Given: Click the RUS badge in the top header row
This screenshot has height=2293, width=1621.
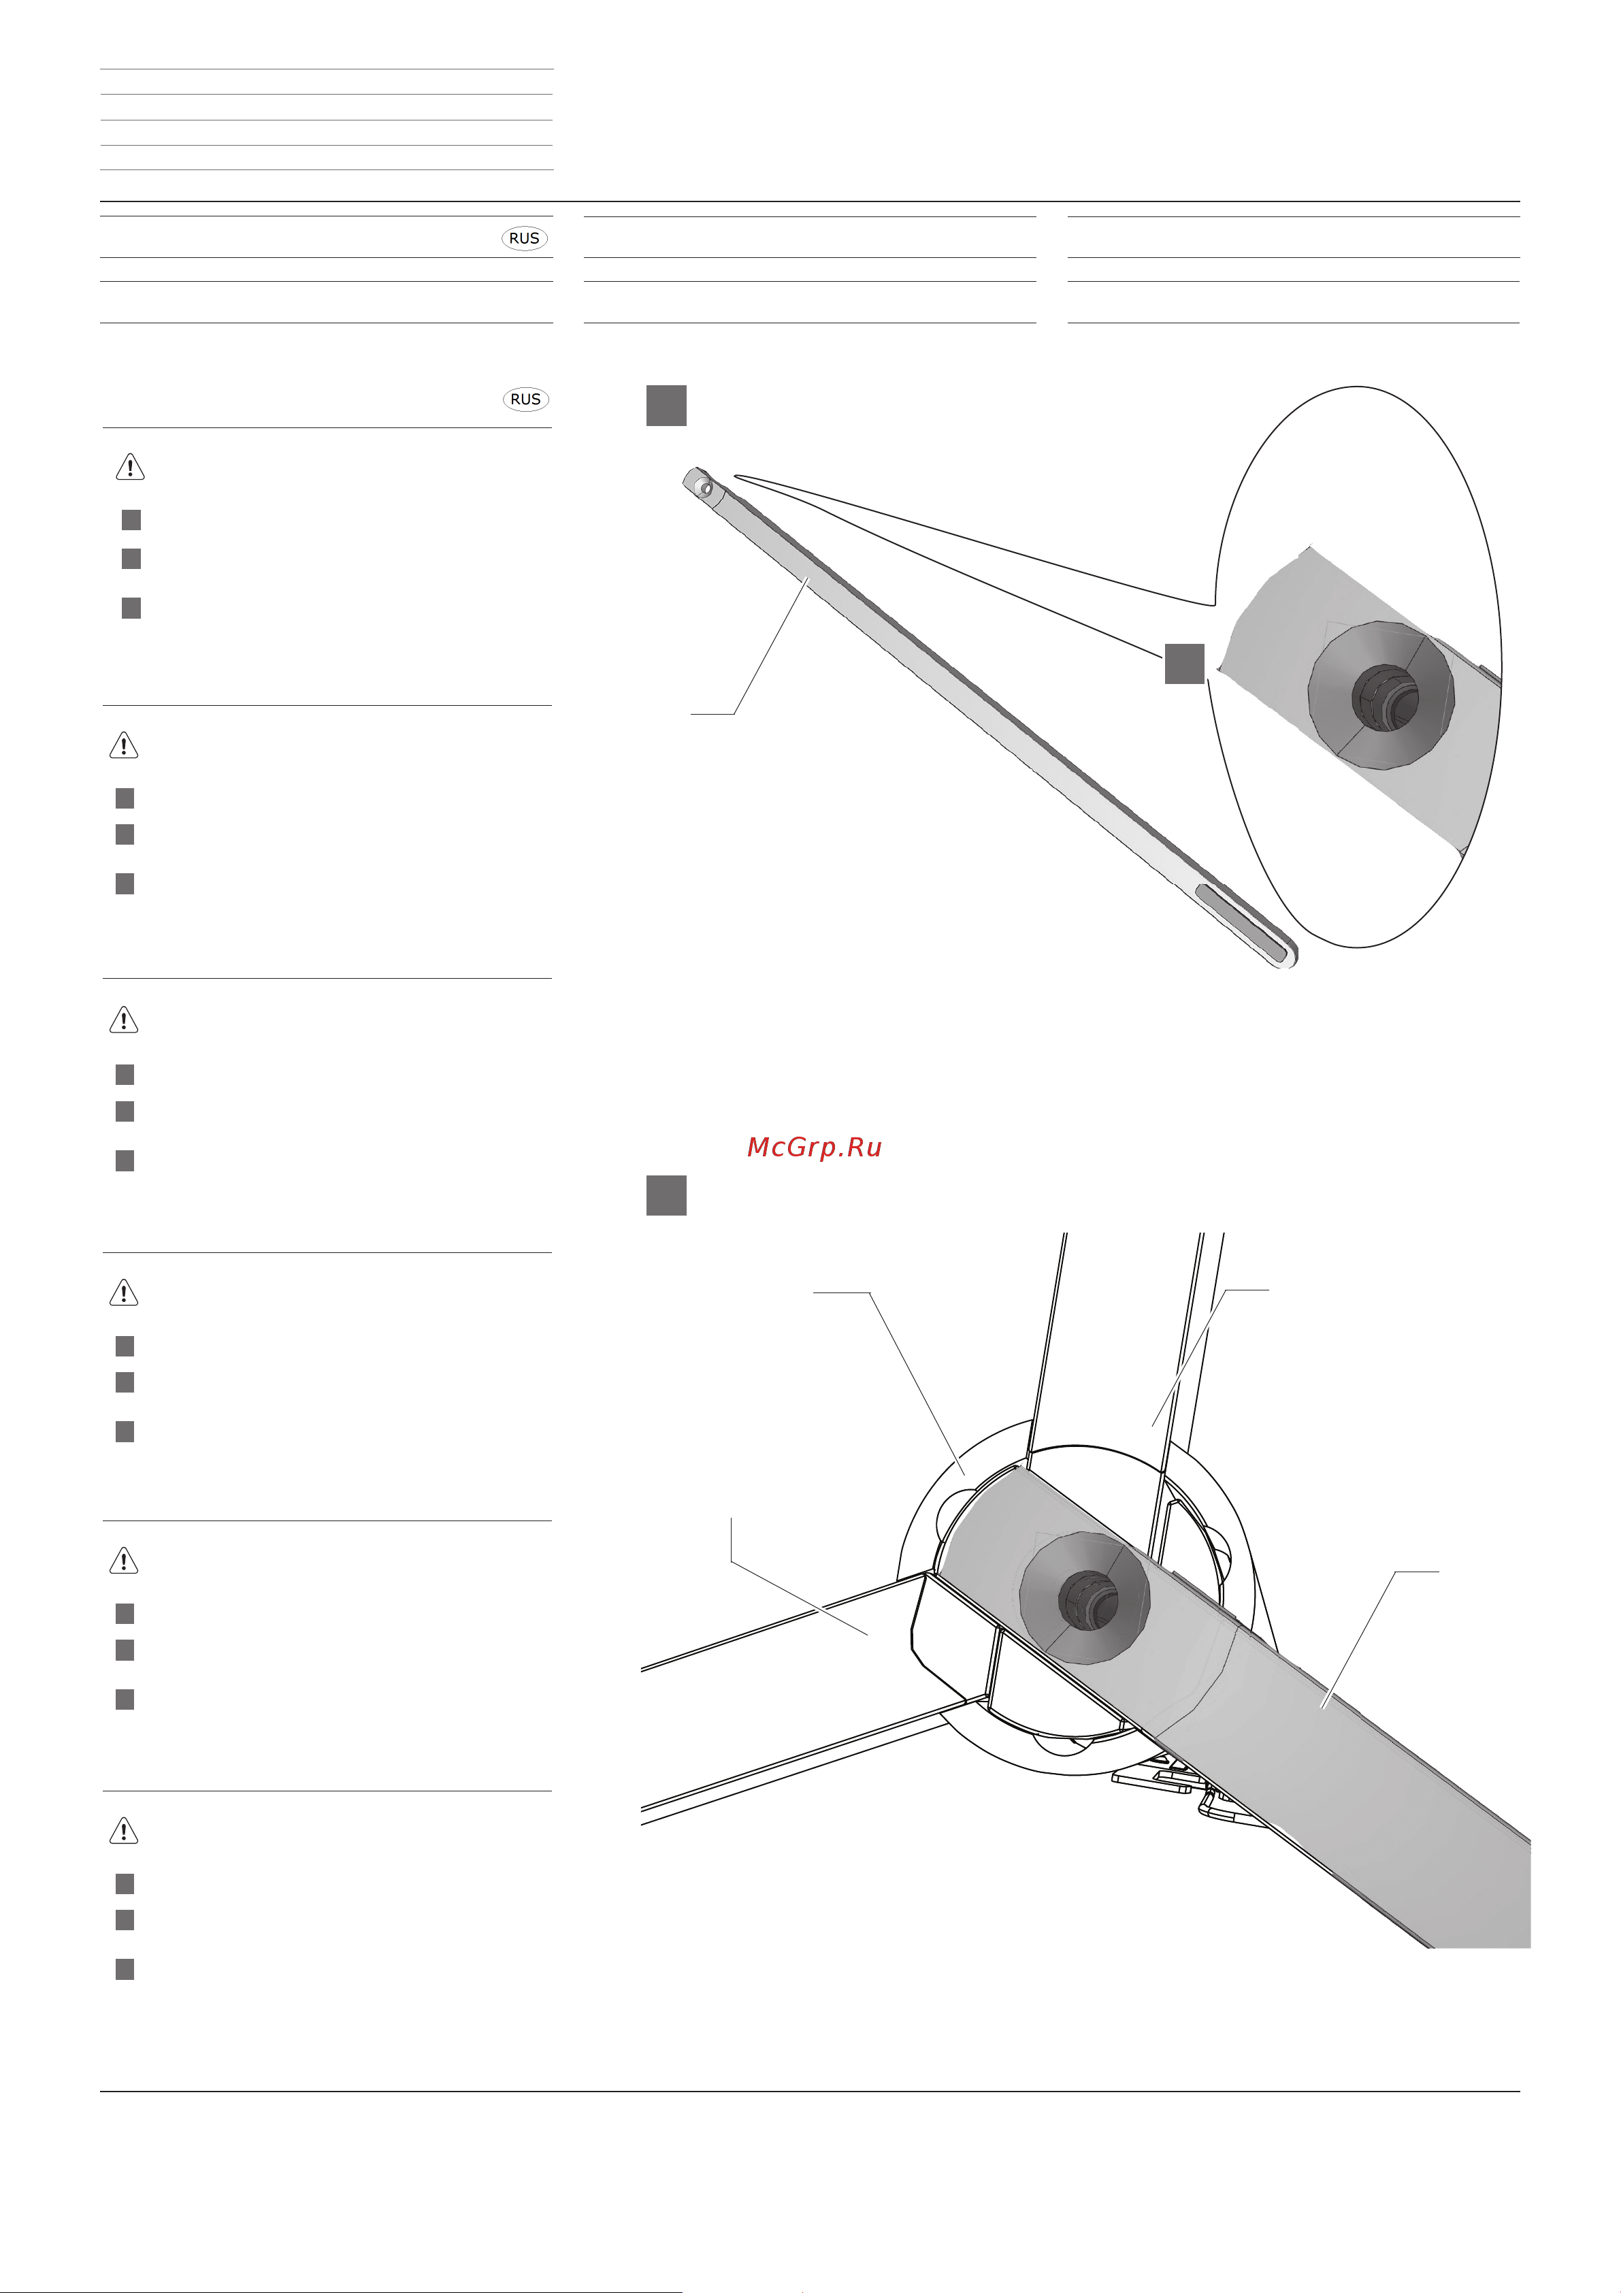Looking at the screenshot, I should click(x=525, y=238).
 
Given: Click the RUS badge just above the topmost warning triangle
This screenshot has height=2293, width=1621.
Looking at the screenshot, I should click(x=525, y=398).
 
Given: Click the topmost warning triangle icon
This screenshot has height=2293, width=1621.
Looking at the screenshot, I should click(x=131, y=466).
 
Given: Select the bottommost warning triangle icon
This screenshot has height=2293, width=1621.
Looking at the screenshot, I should click(x=124, y=1831).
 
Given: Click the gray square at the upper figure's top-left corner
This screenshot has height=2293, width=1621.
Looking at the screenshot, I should click(x=666, y=406).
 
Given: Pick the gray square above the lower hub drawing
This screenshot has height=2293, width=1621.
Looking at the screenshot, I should click(x=666, y=1194).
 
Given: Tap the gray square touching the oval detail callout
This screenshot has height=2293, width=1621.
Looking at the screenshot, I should click(x=1185, y=663).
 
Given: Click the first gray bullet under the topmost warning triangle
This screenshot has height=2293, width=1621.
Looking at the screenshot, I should click(x=131, y=519).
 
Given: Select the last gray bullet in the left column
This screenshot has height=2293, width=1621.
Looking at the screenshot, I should click(x=125, y=1968).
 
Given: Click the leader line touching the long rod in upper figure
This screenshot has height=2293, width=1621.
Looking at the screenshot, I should click(x=769, y=649).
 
